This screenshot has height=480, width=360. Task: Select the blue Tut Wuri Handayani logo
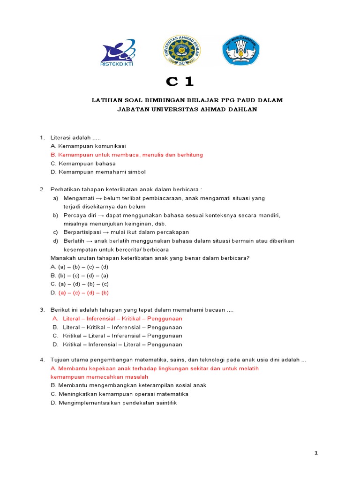click(x=240, y=50)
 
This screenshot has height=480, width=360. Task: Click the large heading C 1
click(x=180, y=82)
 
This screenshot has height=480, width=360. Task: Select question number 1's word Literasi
click(x=62, y=137)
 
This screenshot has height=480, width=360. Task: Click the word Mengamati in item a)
click(x=78, y=198)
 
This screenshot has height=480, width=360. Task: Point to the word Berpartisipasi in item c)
click(x=82, y=232)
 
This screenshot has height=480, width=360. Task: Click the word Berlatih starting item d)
click(x=74, y=241)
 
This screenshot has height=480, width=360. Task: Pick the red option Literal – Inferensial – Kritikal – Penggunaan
click(x=122, y=319)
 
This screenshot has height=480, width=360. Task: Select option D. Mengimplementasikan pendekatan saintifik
click(x=113, y=403)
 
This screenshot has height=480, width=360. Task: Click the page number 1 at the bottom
click(x=316, y=453)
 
